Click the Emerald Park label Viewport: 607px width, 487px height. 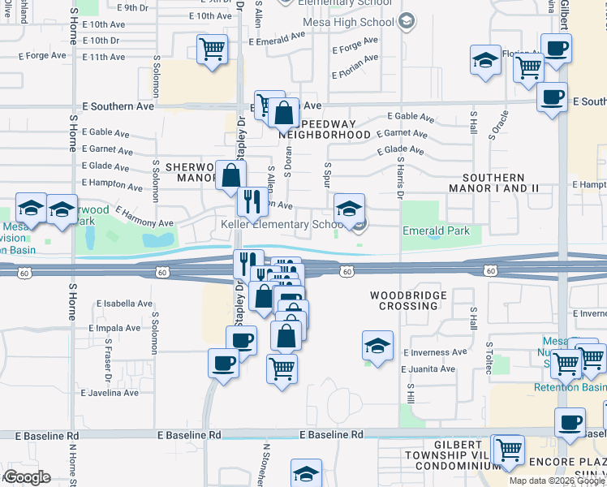[436, 231]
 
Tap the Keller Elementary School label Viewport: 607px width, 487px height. [277, 224]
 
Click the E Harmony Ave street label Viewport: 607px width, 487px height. [144, 216]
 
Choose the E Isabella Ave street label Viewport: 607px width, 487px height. [123, 304]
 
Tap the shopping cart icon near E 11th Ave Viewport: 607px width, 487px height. [213, 50]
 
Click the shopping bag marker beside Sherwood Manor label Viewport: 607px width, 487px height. [230, 174]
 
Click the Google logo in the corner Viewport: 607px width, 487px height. [26, 477]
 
